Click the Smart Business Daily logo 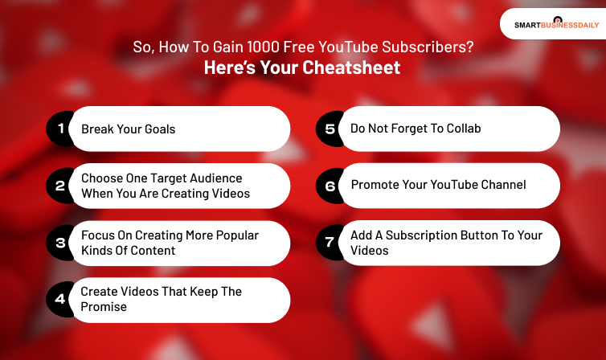551,24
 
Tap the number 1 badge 59,129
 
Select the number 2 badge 59,186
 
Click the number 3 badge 59,243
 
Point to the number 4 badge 59,300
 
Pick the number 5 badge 330,129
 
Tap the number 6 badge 330,186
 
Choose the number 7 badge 330,243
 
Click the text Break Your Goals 128,129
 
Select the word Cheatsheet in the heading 351,68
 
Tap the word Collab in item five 463,129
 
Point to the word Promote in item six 375,185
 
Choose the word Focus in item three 98,235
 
